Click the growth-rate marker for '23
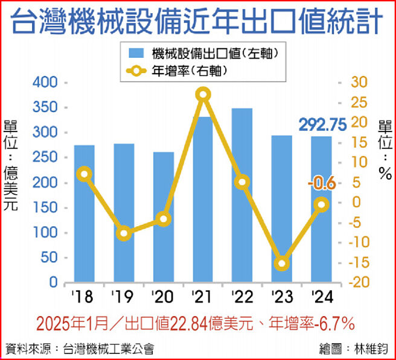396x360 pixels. [281, 264]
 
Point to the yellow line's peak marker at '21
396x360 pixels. [203, 94]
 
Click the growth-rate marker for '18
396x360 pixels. [85, 174]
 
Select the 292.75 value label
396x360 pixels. [322, 124]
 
